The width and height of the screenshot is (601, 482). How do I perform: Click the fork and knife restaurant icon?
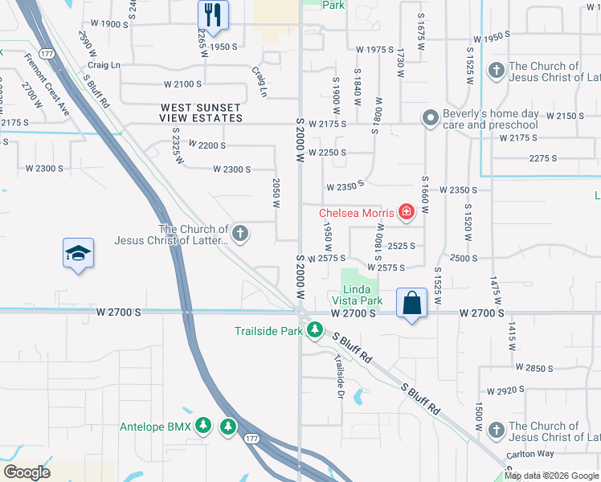click(x=213, y=14)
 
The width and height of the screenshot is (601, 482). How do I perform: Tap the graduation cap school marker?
click(x=78, y=253)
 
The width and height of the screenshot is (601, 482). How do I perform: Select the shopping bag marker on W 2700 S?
click(x=411, y=304)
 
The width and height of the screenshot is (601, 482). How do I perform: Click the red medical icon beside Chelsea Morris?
click(x=407, y=213)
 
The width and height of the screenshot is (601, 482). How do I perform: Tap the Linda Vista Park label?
click(x=362, y=295)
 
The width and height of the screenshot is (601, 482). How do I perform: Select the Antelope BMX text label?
click(x=155, y=427)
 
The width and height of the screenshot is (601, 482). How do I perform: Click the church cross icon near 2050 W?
click(x=239, y=234)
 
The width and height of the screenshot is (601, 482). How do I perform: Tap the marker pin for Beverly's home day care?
click(x=431, y=119)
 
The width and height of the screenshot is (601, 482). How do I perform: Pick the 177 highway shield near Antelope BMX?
click(x=251, y=439)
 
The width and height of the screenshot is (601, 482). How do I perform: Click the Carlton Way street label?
click(x=530, y=455)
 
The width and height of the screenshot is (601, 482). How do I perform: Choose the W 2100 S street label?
click(x=183, y=84)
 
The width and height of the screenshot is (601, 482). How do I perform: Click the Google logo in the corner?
click(x=27, y=472)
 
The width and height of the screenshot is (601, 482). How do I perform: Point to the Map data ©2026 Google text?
click(x=551, y=476)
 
